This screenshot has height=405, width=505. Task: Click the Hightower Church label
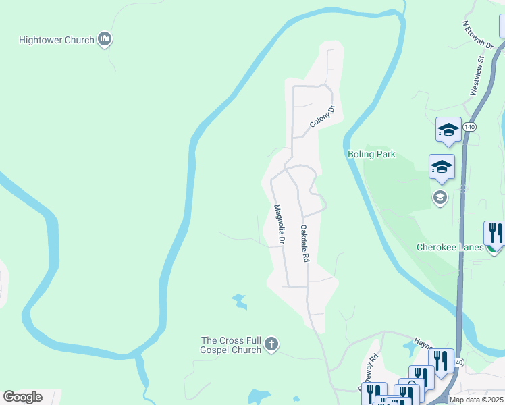click(x=57, y=40)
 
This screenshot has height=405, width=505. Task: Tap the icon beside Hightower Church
click(x=105, y=40)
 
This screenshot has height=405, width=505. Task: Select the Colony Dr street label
click(x=323, y=117)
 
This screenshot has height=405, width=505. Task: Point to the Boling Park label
click(x=371, y=155)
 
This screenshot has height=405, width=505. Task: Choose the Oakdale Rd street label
click(x=304, y=244)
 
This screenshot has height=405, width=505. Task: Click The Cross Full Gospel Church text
click(x=231, y=346)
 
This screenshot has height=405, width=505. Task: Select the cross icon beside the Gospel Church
click(x=271, y=345)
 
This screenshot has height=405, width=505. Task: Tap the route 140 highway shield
click(x=471, y=127)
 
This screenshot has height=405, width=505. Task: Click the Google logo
click(x=22, y=397)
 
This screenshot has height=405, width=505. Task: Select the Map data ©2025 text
click(x=477, y=400)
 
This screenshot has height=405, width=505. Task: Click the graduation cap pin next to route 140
click(x=448, y=129)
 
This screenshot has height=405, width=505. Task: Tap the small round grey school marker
click(x=440, y=197)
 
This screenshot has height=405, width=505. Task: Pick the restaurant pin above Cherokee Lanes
click(x=494, y=234)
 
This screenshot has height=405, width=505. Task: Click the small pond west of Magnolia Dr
click(x=239, y=301)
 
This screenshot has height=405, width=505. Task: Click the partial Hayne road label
click(x=423, y=343)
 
